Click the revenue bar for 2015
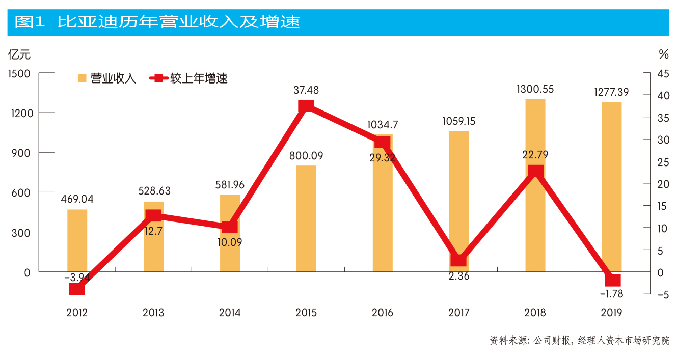click(x=306, y=219)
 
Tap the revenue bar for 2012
click(x=77, y=239)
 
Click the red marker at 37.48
click(x=306, y=106)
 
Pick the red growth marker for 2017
click(x=459, y=260)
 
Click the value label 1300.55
click(x=535, y=89)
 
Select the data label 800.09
click(x=306, y=156)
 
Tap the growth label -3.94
click(x=77, y=278)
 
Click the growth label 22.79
click(x=535, y=154)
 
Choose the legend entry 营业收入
click(x=107, y=78)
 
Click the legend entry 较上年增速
click(x=188, y=78)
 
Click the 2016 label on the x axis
click(x=383, y=313)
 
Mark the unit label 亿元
click(x=19, y=54)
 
